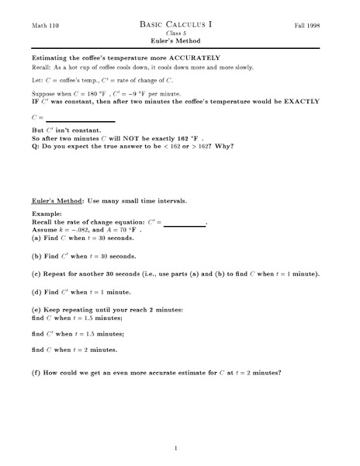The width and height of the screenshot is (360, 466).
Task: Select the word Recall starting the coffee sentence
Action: tap(41, 68)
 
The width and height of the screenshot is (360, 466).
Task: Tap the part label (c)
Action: tap(36, 274)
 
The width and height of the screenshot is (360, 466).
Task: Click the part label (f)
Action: tap(36, 372)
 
